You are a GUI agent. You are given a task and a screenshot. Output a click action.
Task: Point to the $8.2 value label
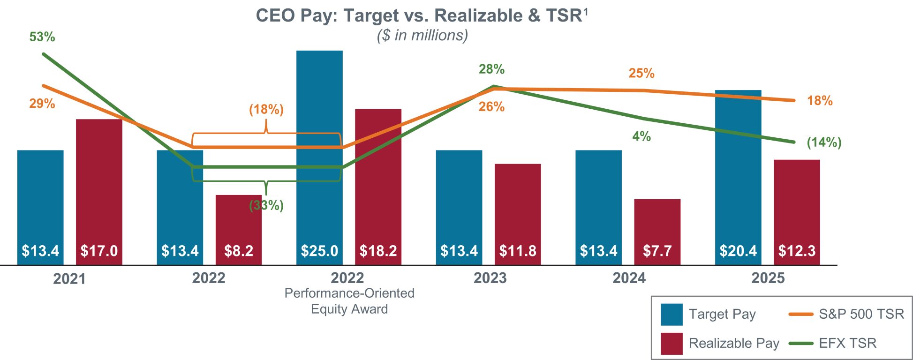pos(239,251)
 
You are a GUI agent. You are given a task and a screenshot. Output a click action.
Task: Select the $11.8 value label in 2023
pos(518,251)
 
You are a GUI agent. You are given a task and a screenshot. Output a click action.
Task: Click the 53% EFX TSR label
pos(42,37)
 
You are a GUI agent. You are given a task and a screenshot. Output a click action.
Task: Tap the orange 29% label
pos(42,104)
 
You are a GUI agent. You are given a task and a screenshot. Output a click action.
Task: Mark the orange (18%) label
pos(266,109)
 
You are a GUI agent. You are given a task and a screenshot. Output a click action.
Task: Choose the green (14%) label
pos(824,142)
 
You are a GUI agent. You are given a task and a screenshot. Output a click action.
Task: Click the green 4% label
pos(641,136)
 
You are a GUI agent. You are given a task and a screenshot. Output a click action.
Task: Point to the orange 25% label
pos(641,73)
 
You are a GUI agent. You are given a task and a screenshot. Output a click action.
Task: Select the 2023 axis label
pos(490,278)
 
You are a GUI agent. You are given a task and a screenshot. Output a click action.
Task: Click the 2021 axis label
pos(69,279)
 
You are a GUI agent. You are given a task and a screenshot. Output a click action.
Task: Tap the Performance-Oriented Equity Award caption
pos(349,301)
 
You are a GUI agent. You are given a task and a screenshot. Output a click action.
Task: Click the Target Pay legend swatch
pos(672,314)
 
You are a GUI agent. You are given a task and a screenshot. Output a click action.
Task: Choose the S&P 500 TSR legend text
pos(861,314)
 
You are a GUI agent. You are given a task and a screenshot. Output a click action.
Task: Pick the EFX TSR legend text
pos(847,343)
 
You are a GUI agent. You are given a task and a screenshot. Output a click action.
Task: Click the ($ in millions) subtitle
pos(423,36)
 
